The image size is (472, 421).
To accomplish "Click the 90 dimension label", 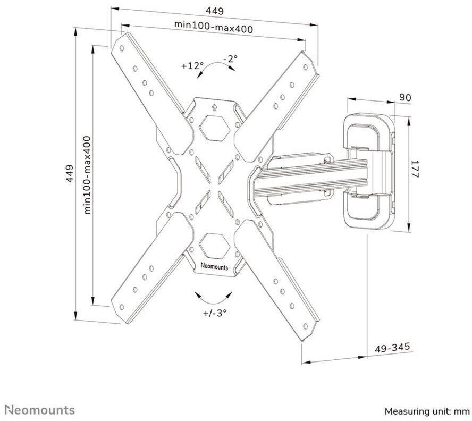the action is pos(405,97).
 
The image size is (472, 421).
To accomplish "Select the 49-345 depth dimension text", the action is pos(392,348).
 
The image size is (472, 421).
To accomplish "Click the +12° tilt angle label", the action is pos(192,65).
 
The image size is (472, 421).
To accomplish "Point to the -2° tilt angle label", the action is pos(230,58).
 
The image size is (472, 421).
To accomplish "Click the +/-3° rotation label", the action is pos(214,313).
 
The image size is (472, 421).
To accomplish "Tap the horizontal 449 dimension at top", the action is pos(215,11).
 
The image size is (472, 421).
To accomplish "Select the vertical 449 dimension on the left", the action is pos(70,173).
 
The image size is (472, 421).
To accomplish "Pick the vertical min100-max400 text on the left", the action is pos(87,175).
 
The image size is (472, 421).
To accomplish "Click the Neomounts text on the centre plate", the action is pos(214,267).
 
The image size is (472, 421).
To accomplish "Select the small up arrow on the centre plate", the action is pos(214,107).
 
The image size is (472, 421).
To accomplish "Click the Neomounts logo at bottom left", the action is pos(41,410).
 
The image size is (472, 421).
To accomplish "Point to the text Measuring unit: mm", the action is pos(427,411).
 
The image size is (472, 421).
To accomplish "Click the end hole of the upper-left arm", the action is pos(122,48).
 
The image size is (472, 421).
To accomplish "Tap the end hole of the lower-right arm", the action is pos(305,326).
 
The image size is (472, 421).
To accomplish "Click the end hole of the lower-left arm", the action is pos(122,307).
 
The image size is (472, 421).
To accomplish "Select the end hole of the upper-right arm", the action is pos(305,66).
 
